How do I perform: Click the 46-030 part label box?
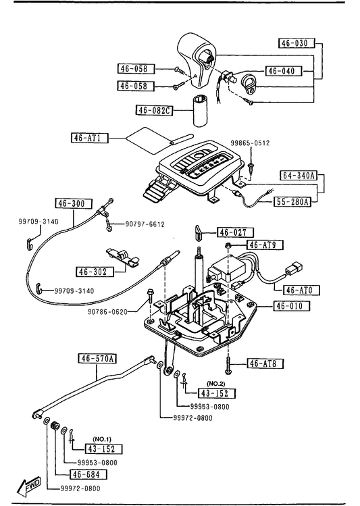pyautogui.click(x=296, y=43)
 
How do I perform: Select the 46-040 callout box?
pyautogui.click(x=284, y=71)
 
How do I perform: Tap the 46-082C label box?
pyautogui.click(x=154, y=110)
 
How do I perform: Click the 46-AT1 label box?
pyautogui.click(x=89, y=138)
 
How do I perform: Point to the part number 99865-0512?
pyautogui.click(x=250, y=143)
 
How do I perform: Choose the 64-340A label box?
pyautogui.click(x=299, y=175)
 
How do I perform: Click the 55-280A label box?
pyautogui.click(x=292, y=202)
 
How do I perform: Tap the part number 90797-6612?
pyautogui.click(x=145, y=224)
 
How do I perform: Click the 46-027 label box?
pyautogui.click(x=235, y=232)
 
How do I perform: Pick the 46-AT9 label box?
pyautogui.click(x=265, y=245)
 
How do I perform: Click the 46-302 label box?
pyautogui.click(x=95, y=272)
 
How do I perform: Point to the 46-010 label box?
pyautogui.click(x=292, y=305)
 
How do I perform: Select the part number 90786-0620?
pyautogui.click(x=107, y=311)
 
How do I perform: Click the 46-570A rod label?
pyautogui.click(x=97, y=359)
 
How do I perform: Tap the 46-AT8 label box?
pyautogui.click(x=265, y=363)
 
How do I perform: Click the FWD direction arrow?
pyautogui.click(x=29, y=485)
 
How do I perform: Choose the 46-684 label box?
pyautogui.click(x=88, y=474)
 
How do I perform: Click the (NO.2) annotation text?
pyautogui.click(x=216, y=384)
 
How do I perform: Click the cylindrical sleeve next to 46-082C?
pyautogui.click(x=201, y=111)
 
